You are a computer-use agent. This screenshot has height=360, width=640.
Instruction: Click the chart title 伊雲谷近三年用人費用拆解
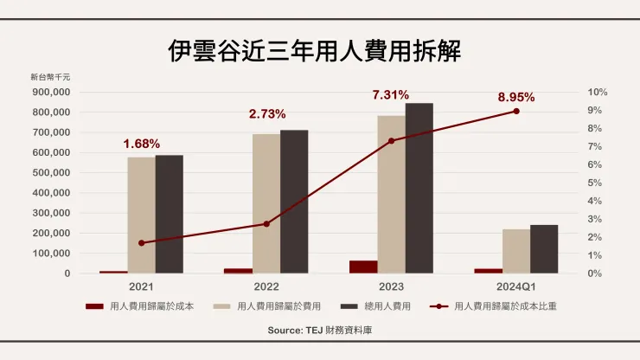coord(314,49)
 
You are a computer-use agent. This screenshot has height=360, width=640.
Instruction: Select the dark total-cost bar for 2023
coord(419,188)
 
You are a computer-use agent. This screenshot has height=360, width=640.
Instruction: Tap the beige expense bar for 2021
coord(141,215)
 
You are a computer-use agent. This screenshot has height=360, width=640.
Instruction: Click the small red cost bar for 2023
coord(363,267)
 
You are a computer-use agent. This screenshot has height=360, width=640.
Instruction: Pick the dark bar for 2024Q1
coord(544,249)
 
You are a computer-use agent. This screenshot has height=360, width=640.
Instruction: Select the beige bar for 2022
coord(266,203)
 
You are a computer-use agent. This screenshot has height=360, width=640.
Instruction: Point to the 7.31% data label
coord(390,94)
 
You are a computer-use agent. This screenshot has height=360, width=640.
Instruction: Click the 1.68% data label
coord(141,144)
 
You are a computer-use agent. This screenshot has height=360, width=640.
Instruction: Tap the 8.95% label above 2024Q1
coord(515,96)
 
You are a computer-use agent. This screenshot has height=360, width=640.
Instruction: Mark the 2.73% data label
coord(266,114)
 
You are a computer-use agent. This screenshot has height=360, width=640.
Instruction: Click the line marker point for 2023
coord(391,140)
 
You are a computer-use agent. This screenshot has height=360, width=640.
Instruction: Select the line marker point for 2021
coord(141,242)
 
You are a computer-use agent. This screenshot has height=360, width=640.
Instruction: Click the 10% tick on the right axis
coord(598,92)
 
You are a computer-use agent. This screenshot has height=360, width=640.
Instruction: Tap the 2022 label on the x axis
coord(266,286)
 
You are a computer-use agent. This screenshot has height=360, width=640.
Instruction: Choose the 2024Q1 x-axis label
coord(515,286)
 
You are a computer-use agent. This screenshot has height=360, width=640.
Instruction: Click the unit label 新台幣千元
coord(50,77)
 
